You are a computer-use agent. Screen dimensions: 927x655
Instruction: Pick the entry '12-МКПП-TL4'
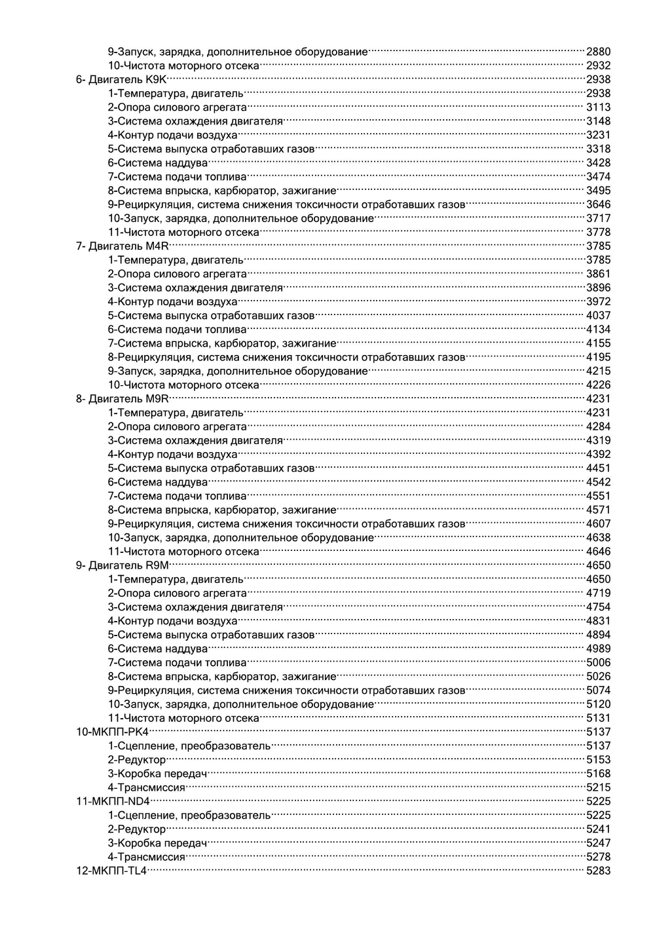112,871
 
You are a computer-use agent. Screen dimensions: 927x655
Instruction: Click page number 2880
598,52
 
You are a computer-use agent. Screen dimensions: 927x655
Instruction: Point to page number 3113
598,107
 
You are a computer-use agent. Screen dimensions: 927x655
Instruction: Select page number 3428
598,163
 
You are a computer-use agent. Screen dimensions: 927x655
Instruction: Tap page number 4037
598,316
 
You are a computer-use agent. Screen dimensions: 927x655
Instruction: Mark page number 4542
598,482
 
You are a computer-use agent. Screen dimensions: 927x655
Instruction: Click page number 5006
598,662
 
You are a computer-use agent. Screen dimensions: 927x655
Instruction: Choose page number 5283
598,871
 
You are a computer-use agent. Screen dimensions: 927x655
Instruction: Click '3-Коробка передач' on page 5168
157,774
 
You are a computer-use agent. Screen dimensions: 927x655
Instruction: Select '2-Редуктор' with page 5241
137,829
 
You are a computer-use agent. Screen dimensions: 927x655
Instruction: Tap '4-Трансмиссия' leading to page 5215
147,787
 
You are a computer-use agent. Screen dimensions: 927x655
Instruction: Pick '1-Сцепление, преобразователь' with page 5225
189,815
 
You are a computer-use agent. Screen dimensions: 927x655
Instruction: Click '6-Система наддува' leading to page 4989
158,649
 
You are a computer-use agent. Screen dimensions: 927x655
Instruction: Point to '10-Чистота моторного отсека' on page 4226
183,385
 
